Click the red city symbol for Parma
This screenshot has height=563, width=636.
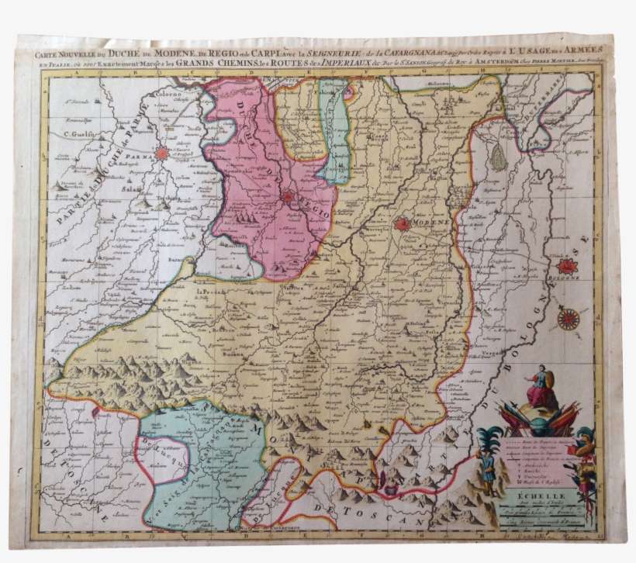tap(161, 154)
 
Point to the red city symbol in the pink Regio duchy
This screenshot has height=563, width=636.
tap(289, 196)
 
